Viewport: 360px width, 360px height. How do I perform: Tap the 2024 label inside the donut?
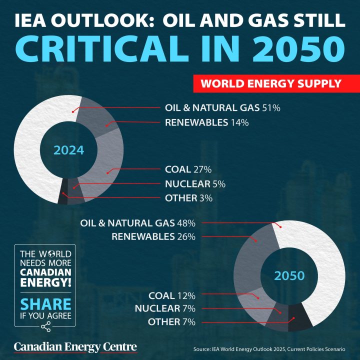pyautogui.click(x=68, y=149)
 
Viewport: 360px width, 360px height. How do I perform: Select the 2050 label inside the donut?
pyautogui.click(x=289, y=275)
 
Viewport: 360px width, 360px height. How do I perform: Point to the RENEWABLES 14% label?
pyautogui.click(x=200, y=122)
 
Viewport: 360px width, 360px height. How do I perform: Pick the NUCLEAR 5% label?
pyautogui.click(x=195, y=184)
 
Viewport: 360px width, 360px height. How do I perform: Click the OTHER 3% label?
pyautogui.click(x=189, y=198)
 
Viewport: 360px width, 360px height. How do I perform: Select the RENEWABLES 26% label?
pyautogui.click(x=153, y=236)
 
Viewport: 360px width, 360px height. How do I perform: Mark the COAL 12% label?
pyautogui.click(x=171, y=295)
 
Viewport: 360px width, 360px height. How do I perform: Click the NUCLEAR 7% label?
pyautogui.click(x=165, y=308)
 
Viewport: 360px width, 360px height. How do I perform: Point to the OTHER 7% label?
pyautogui.click(x=171, y=322)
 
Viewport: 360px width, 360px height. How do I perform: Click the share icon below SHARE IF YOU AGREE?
pyautogui.click(x=46, y=327)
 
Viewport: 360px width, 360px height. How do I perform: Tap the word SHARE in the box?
pyautogui.click(x=45, y=303)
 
